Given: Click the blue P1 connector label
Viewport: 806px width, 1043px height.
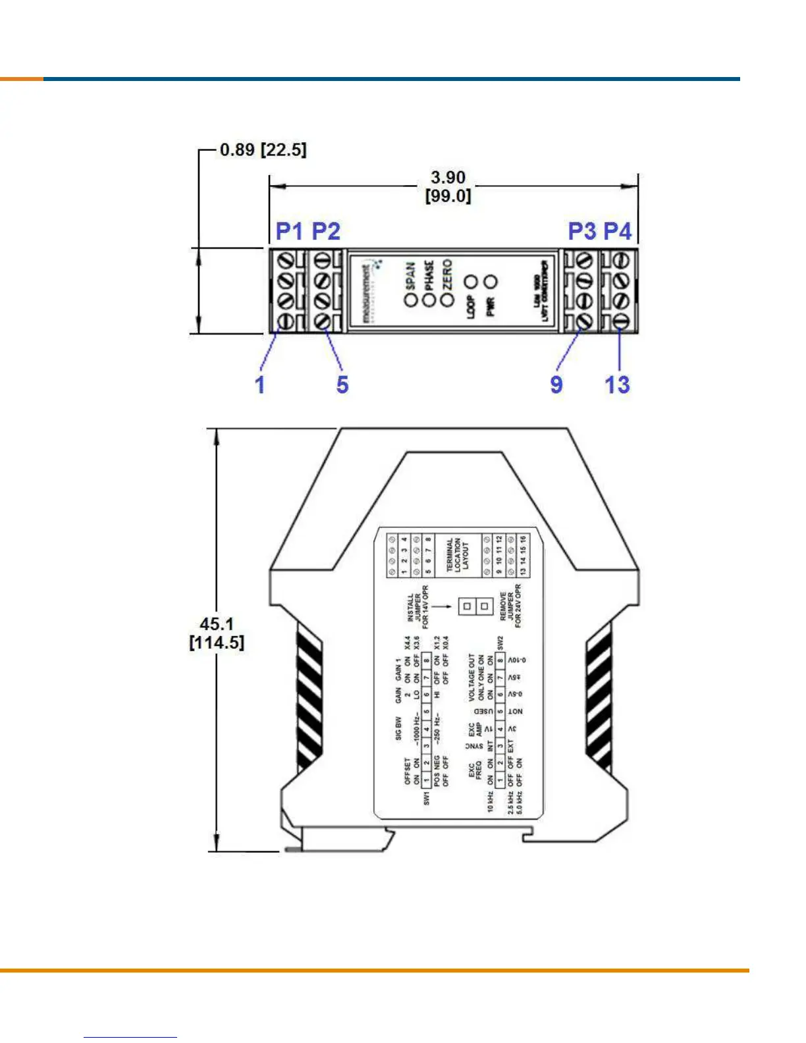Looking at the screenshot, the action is tap(290, 231).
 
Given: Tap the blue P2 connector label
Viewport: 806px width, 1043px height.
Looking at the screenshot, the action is tap(326, 231).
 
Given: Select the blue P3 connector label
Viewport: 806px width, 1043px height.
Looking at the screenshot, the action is tap(582, 231).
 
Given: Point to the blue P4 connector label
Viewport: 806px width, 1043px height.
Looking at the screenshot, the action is tap(618, 231).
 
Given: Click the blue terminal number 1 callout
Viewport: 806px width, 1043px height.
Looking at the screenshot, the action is tap(260, 385).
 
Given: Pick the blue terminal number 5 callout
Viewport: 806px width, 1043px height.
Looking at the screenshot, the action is tap(342, 385).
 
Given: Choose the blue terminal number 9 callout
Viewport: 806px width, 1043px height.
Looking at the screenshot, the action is tap(556, 385).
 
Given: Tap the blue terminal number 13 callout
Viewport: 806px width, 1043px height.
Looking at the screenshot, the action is tap(618, 385).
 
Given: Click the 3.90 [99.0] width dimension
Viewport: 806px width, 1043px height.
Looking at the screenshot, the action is tap(448, 186).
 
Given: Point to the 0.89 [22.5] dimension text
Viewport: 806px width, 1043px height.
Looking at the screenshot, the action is tap(263, 149).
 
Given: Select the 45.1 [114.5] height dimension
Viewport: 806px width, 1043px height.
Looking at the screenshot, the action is tap(217, 633).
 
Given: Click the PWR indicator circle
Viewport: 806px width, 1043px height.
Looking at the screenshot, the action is tap(491, 282).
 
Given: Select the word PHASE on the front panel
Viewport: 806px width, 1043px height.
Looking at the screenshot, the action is tap(429, 275).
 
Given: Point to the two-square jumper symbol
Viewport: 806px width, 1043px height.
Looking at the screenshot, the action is tap(475, 606).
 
